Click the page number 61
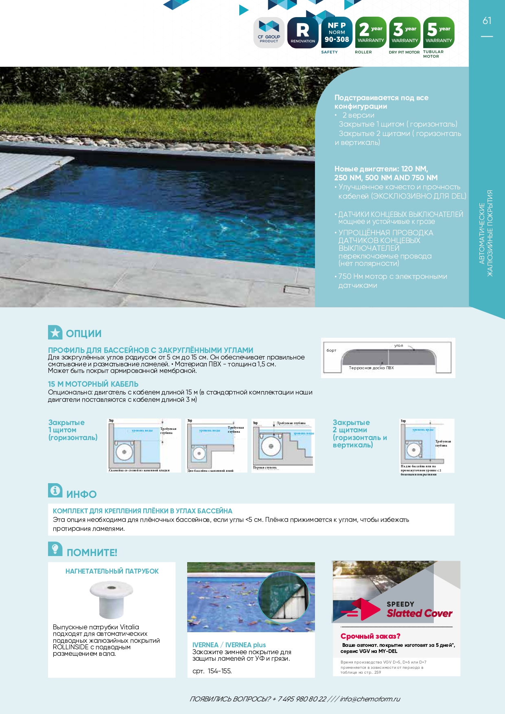coord(487,21)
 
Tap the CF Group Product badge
coord(269,33)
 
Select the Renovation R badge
coord(303,33)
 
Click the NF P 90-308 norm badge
coord(337,33)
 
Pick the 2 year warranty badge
coord(371,33)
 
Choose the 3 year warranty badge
coord(405,33)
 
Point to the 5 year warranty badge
coord(439,33)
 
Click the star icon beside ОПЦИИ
coord(55,333)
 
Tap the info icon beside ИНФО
coord(55,491)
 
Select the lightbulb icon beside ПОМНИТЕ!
coord(55,549)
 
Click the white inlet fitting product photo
coord(111,598)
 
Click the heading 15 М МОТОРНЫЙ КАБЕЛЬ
coord(93,384)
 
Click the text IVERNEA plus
coord(245,645)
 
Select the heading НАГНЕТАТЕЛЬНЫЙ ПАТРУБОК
coord(112,571)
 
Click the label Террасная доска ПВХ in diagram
coord(371,368)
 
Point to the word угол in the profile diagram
coord(398,346)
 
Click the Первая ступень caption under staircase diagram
coord(265,467)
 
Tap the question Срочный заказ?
coord(370,636)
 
